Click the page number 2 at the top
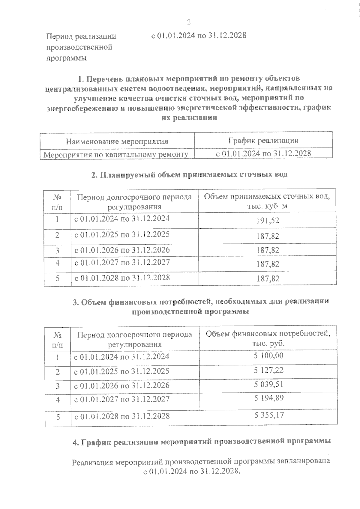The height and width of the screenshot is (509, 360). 189,22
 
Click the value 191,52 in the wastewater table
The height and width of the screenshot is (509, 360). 268,221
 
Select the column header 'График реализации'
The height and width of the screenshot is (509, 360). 263,140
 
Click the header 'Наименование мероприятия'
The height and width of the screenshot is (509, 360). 117,141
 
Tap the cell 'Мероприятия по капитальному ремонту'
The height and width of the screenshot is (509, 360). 116,154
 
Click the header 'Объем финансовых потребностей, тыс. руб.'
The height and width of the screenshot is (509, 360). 268,338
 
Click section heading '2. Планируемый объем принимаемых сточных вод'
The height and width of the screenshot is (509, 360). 189,174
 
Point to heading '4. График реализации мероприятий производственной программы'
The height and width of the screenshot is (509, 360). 202,442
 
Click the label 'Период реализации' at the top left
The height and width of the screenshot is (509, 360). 81,37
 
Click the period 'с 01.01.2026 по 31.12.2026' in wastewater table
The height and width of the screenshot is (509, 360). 122,250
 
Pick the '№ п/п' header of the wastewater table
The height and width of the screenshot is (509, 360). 57,202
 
